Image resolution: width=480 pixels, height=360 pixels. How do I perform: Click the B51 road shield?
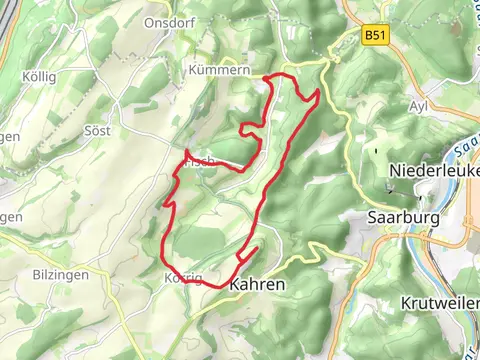(x=375, y=36)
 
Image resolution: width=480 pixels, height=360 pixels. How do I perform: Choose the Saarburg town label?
(x=403, y=217)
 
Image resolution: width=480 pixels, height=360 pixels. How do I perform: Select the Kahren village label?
(x=257, y=284)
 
